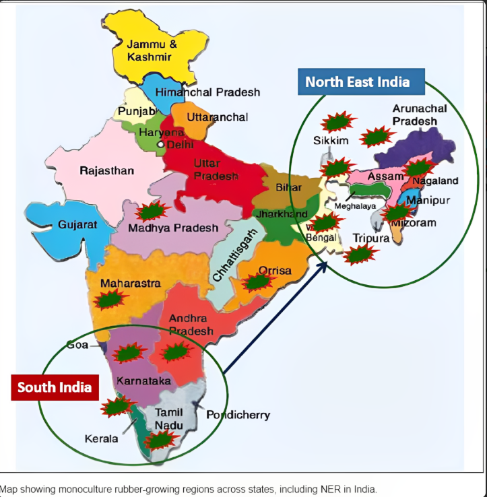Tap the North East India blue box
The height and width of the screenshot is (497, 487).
pyautogui.click(x=357, y=82)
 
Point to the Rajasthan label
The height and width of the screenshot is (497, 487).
pyautogui.click(x=106, y=170)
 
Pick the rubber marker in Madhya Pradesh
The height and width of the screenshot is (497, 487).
pyautogui.click(x=152, y=211)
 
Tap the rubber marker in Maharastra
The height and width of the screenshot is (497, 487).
pyautogui.click(x=110, y=299)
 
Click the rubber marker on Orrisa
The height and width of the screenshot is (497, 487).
pyautogui.click(x=257, y=282)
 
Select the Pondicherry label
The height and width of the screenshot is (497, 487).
pyautogui.click(x=238, y=414)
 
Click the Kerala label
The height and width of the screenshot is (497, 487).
pyautogui.click(x=101, y=438)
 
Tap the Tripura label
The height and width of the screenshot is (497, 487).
pyautogui.click(x=370, y=238)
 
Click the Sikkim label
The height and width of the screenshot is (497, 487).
pyautogui.click(x=331, y=141)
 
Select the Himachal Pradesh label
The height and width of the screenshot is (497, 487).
pyautogui.click(x=207, y=92)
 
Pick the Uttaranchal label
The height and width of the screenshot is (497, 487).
pyautogui.click(x=217, y=117)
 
